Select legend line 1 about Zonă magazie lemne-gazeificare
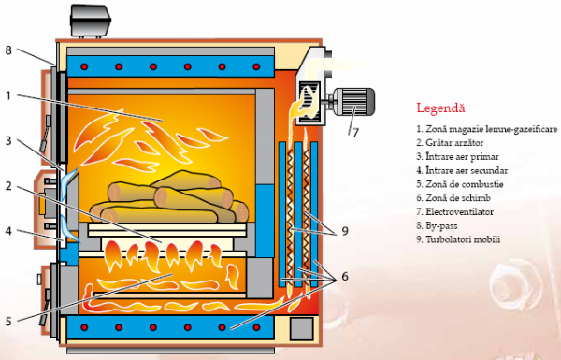tap(486, 128)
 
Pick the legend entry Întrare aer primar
tap(459, 156)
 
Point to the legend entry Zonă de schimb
tap(453, 198)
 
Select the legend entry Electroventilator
tap(456, 212)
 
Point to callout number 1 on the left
tap(8, 94)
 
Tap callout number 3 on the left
tap(8, 141)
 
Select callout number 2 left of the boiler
tap(8, 186)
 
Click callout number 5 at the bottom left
tap(8, 321)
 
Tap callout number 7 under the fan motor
tap(354, 132)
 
